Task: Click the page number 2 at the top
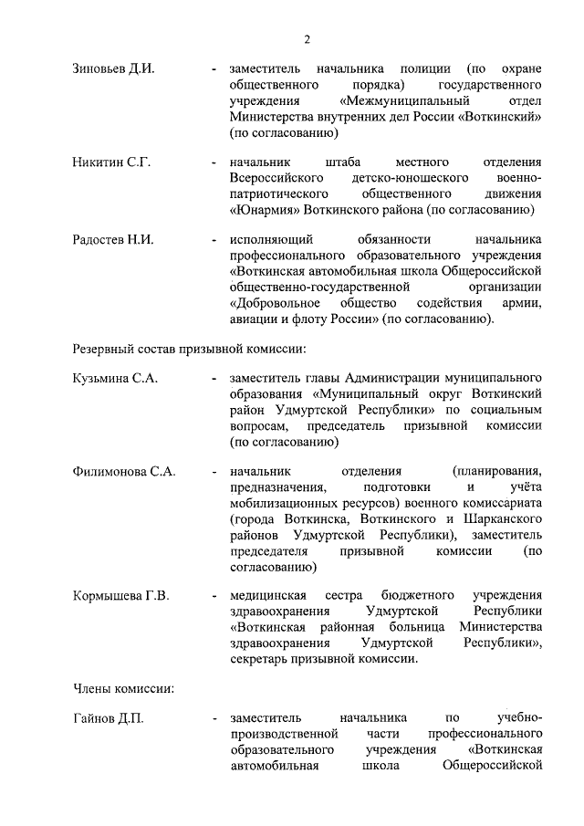click(x=308, y=39)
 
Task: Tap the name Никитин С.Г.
click(x=111, y=162)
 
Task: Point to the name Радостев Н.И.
click(x=113, y=240)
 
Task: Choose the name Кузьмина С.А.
click(x=115, y=379)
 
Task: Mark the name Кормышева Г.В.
click(x=120, y=596)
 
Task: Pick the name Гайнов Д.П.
click(x=108, y=719)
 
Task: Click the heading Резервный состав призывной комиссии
click(x=189, y=349)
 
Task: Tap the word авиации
click(x=255, y=318)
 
